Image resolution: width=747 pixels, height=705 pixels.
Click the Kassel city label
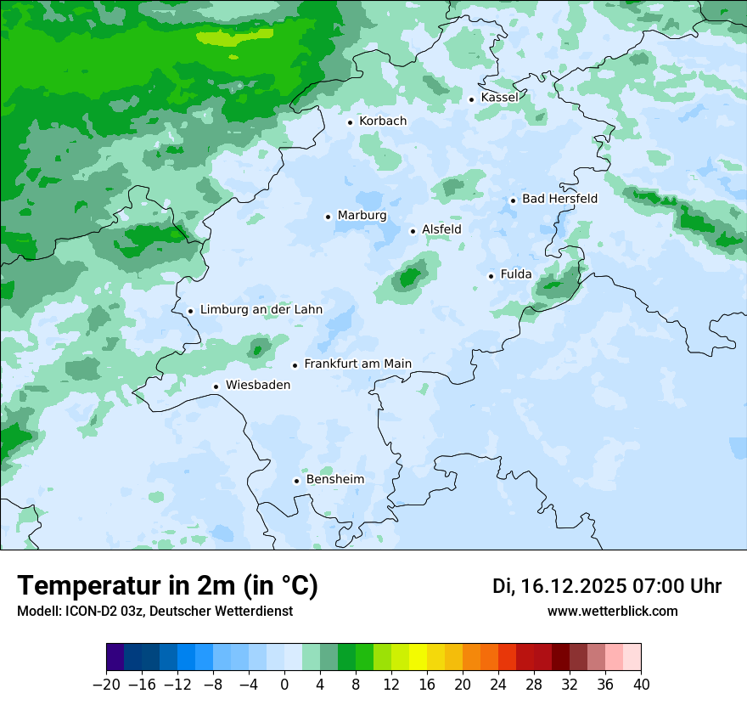[x=499, y=98]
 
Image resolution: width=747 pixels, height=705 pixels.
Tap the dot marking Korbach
[x=350, y=122]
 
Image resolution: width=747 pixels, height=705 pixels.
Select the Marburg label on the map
[x=362, y=216]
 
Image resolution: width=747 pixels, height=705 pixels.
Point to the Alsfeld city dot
[x=413, y=231]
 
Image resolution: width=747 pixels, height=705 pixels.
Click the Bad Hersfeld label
[x=559, y=199]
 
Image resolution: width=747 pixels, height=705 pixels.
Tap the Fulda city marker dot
[x=491, y=276]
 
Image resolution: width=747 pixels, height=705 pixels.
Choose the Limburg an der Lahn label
[x=261, y=310]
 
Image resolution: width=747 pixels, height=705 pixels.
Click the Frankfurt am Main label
[x=357, y=364]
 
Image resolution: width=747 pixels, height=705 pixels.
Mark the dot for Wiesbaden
[x=216, y=386]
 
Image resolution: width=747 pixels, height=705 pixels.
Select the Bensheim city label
[x=334, y=480]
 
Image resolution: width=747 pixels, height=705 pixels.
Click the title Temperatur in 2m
[x=168, y=585]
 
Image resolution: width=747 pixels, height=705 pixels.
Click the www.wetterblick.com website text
[x=613, y=611]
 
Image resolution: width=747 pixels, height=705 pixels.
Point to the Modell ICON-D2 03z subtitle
[x=154, y=611]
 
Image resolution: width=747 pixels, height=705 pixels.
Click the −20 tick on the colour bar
[x=106, y=685]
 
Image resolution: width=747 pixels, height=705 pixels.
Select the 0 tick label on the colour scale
[x=284, y=685]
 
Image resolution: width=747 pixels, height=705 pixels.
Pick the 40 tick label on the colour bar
[x=641, y=685]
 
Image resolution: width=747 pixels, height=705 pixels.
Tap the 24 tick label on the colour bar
[x=498, y=685]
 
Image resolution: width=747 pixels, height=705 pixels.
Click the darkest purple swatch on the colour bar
[x=115, y=657]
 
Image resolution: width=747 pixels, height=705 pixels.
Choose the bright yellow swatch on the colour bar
[x=418, y=657]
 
